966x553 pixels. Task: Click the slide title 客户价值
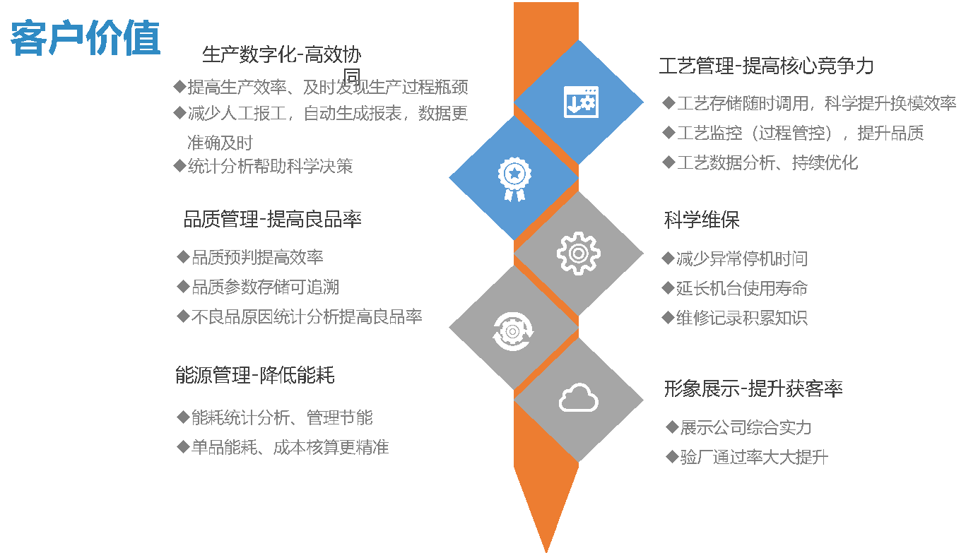click(x=86, y=38)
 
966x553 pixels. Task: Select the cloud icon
click(x=578, y=397)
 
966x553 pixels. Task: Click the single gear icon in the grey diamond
click(x=578, y=254)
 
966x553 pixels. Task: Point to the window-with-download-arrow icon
click(x=581, y=102)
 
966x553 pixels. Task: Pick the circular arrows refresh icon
click(x=513, y=331)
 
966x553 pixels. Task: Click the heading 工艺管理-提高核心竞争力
click(x=766, y=66)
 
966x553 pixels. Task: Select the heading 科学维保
click(x=702, y=220)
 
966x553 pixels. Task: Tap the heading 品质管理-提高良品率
click(x=272, y=219)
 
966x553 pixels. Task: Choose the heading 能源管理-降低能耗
click(x=255, y=374)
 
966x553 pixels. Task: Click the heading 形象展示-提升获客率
click(x=753, y=388)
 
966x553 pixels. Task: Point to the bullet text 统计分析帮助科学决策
click(x=271, y=166)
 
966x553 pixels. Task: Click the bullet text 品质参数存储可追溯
click(x=265, y=287)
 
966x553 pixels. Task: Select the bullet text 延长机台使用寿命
click(x=742, y=288)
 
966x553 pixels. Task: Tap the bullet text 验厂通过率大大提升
click(x=754, y=457)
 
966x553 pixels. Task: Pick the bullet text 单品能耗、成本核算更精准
click(x=290, y=447)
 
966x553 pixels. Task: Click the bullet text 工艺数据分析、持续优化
click(x=767, y=162)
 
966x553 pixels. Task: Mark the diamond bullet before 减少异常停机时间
click(x=668, y=258)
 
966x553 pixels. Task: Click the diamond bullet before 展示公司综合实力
click(x=672, y=427)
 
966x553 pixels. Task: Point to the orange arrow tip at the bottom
click(x=546, y=552)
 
